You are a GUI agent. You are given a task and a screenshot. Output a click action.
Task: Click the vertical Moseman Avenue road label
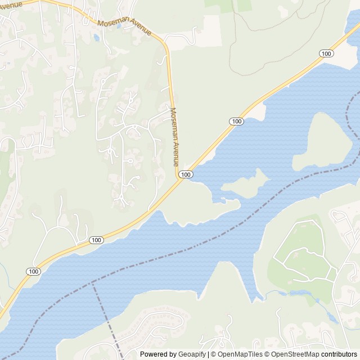click(175, 136)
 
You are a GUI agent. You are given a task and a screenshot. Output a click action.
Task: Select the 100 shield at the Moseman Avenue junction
click(186, 175)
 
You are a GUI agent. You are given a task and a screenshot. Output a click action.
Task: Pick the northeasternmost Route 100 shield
click(326, 53)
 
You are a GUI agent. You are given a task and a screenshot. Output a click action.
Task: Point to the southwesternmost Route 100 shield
click(33, 271)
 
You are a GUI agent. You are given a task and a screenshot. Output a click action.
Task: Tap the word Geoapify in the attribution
click(192, 354)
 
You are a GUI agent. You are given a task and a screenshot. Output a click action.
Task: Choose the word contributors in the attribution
click(340, 354)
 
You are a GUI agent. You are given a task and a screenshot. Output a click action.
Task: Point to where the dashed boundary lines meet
click(93, 282)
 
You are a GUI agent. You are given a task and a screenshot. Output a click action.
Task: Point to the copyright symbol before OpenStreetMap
click(268, 354)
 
